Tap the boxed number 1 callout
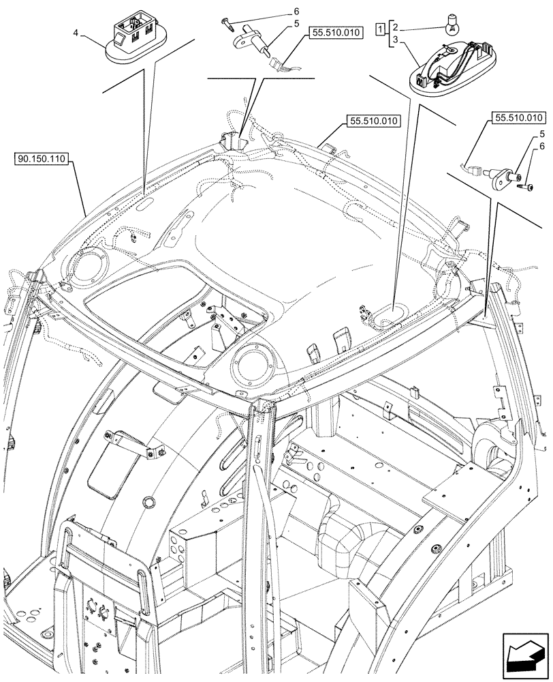[379, 29]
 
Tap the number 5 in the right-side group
[541, 134]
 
